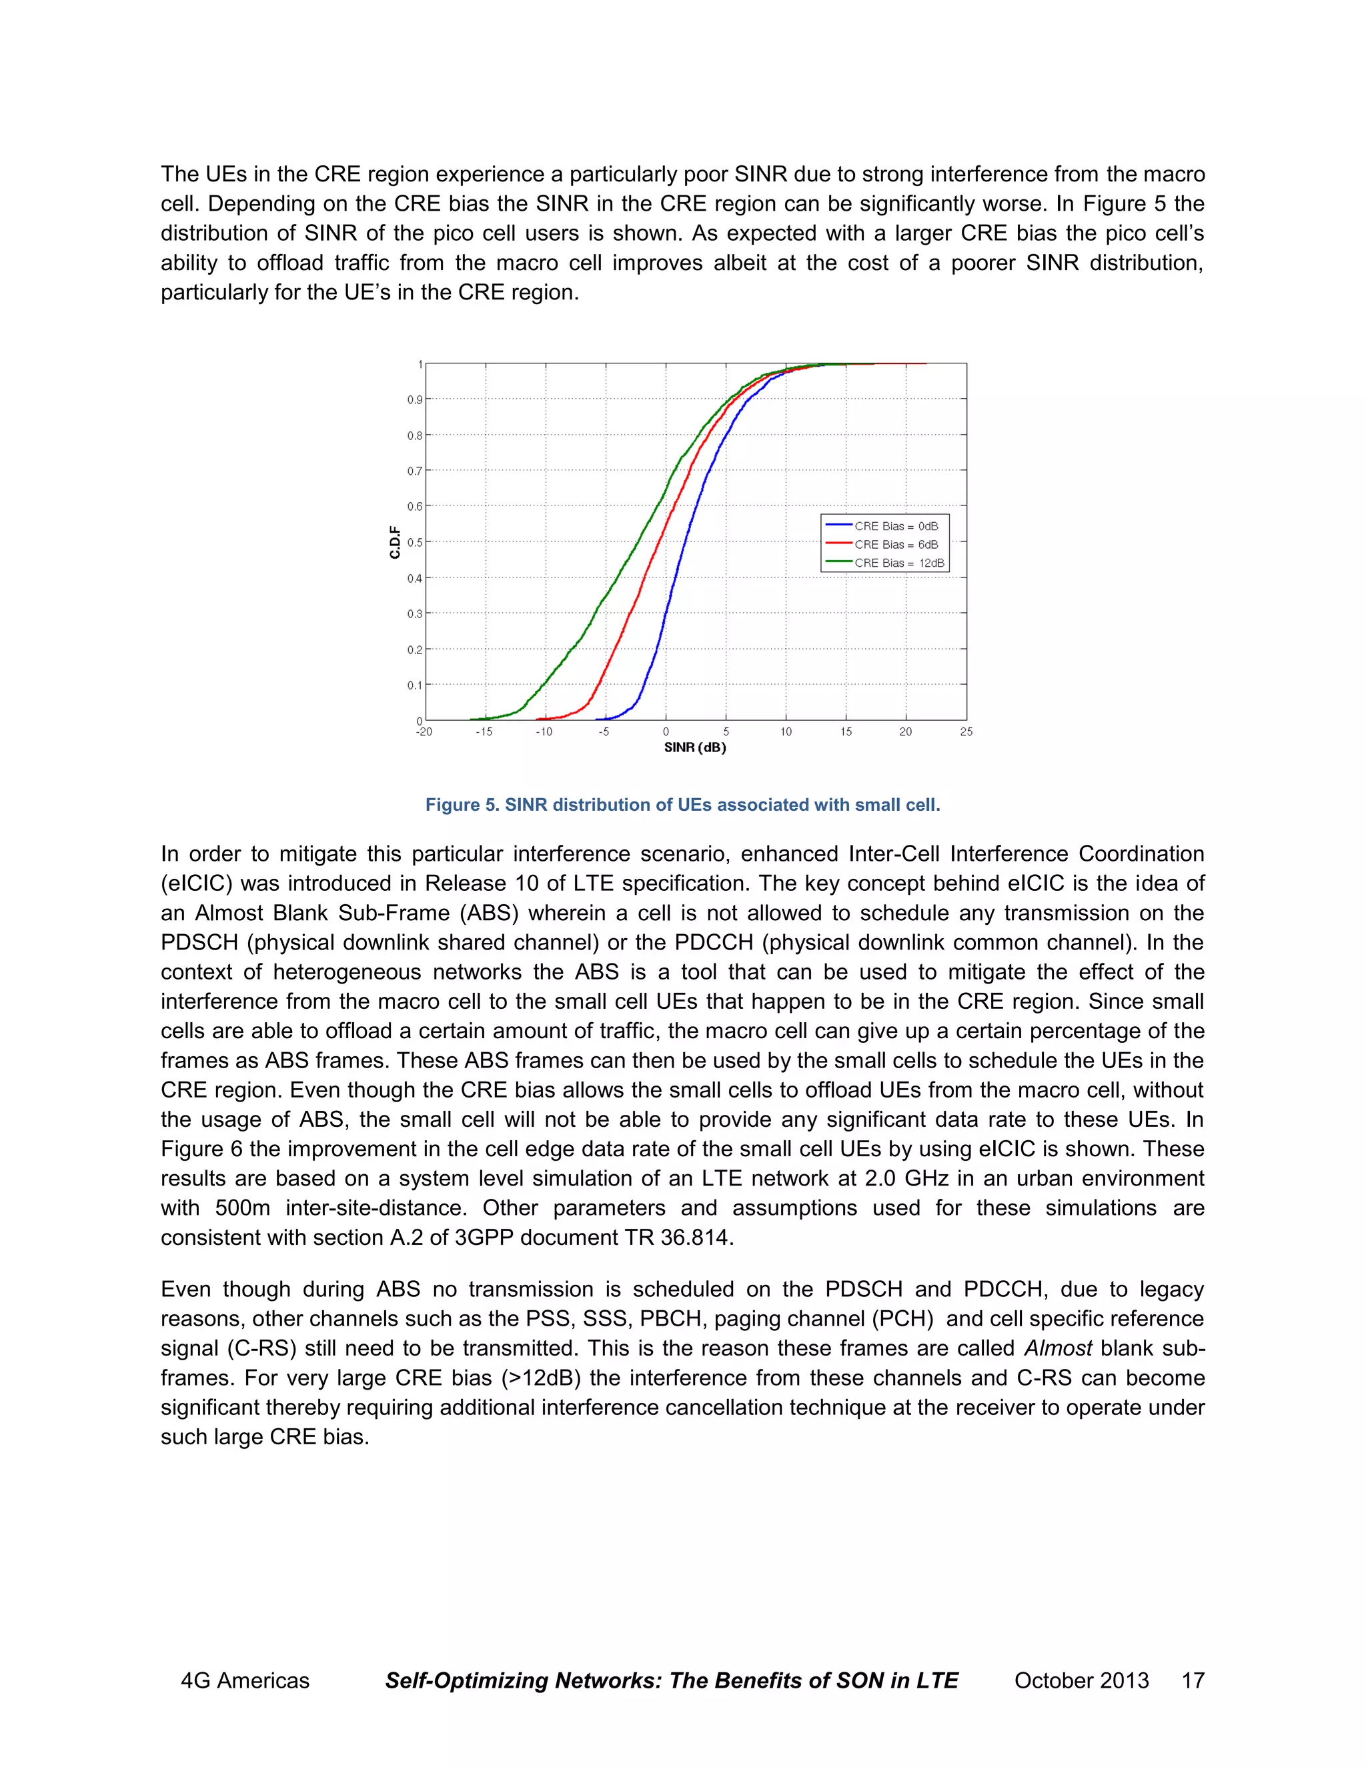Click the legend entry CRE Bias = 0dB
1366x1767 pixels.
click(x=896, y=526)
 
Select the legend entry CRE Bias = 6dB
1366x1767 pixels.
click(x=896, y=545)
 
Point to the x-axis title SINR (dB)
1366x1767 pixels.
click(x=694, y=747)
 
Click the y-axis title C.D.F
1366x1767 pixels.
click(x=395, y=542)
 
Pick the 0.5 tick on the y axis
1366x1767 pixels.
click(x=414, y=542)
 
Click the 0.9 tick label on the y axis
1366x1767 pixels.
click(x=414, y=399)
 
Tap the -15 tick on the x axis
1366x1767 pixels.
click(x=484, y=732)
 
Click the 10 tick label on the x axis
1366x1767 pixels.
click(x=786, y=732)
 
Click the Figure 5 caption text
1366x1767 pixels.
click(x=682, y=805)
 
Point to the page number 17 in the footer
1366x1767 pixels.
click(x=1193, y=1680)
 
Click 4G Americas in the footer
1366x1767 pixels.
click(x=244, y=1680)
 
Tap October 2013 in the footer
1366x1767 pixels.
click(x=1081, y=1680)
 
